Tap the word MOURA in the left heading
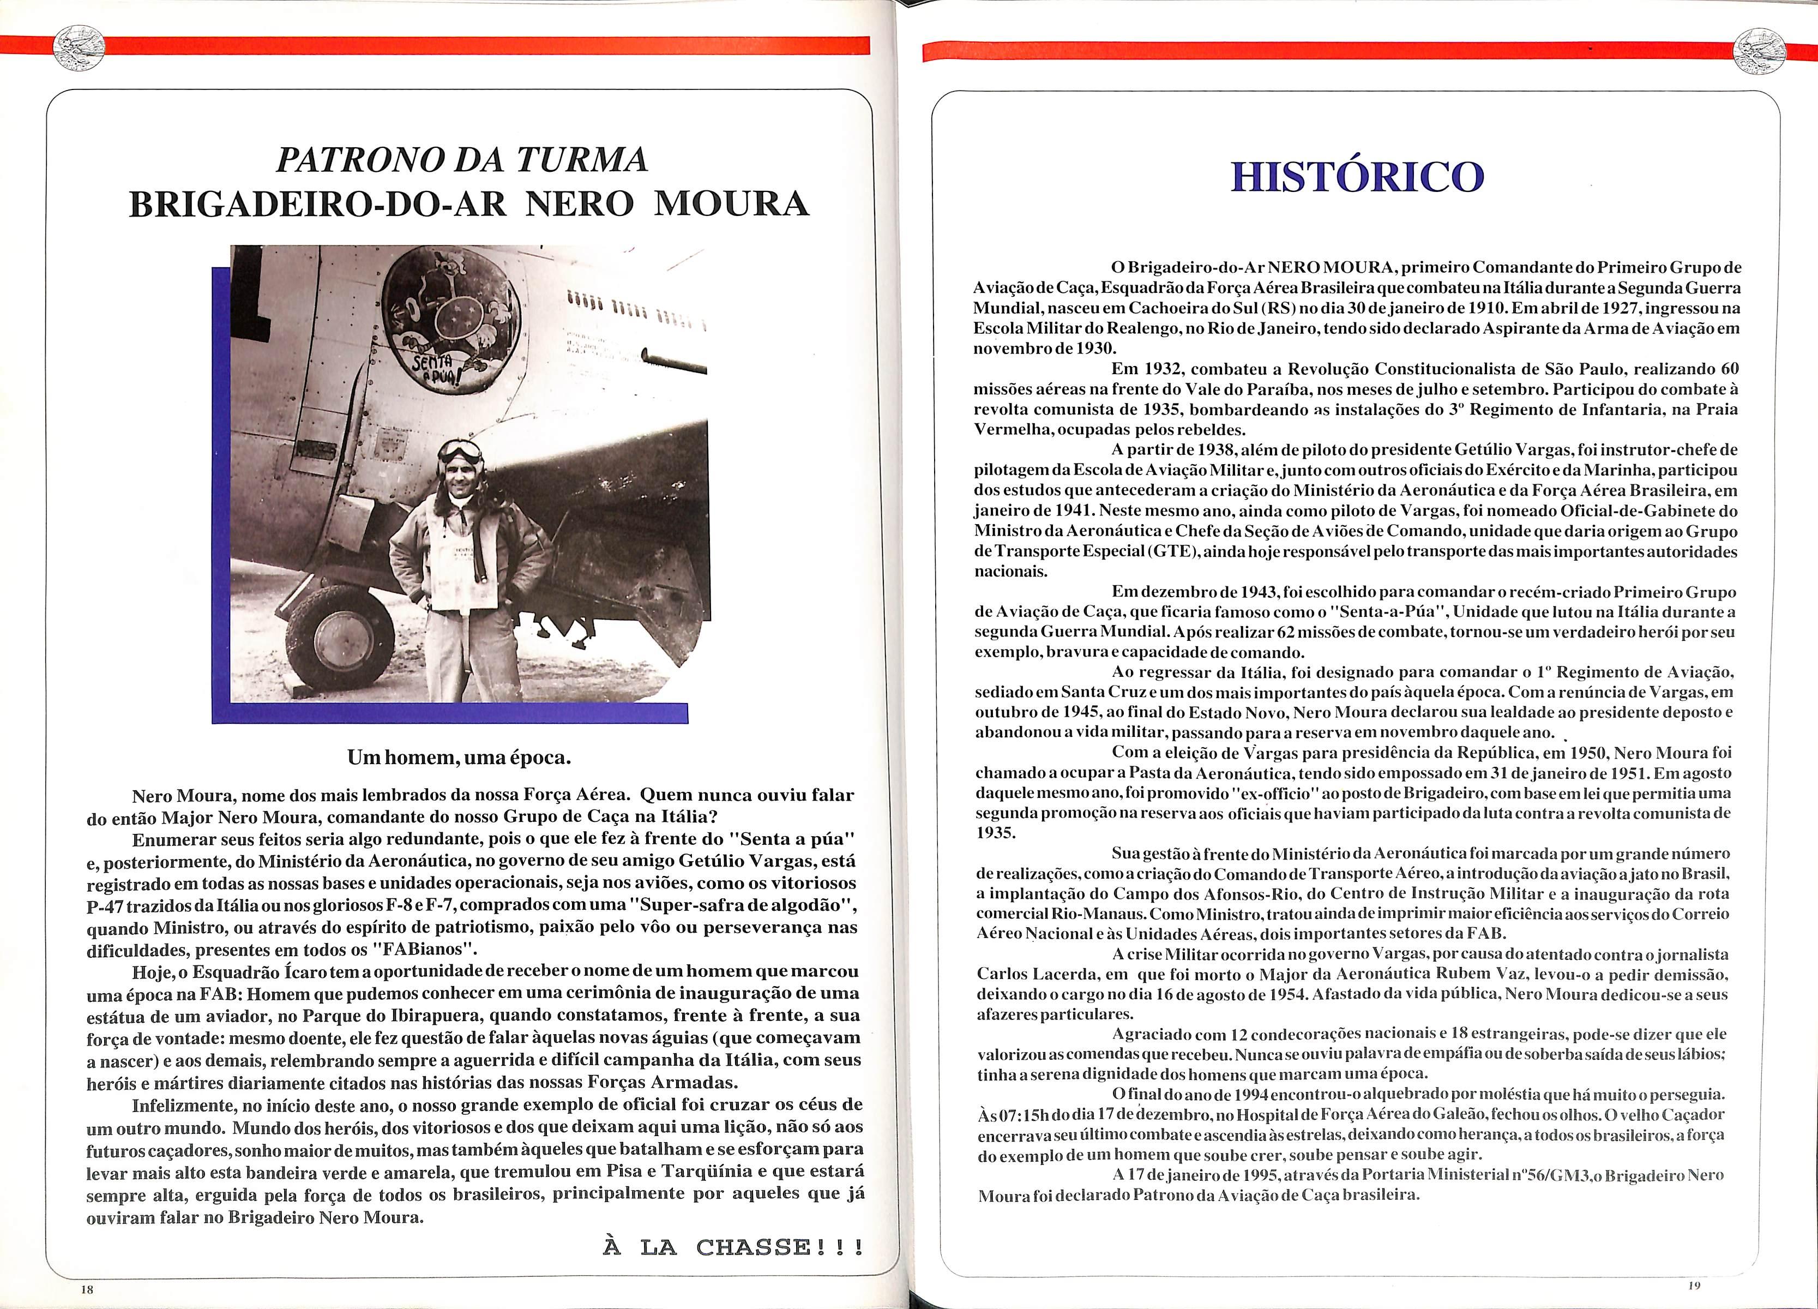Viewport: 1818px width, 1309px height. coord(731,205)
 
